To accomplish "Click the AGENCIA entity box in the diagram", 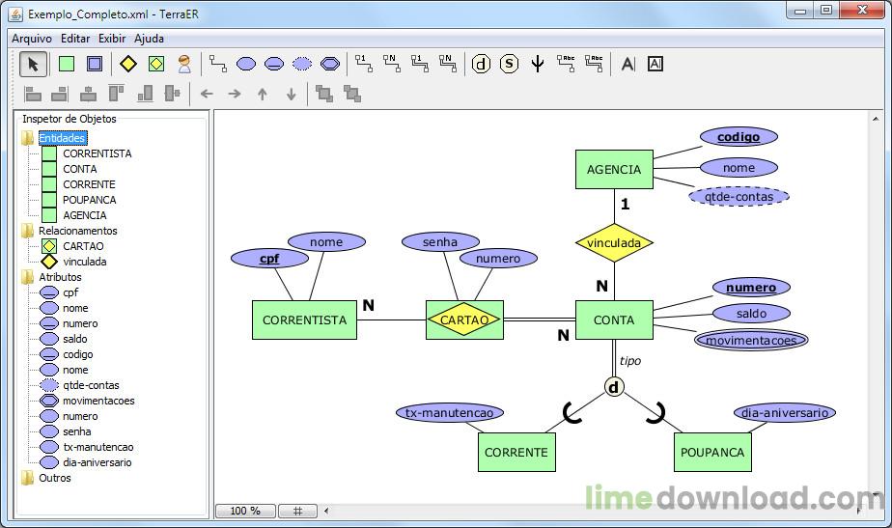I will tap(614, 169).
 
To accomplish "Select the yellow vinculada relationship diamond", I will tap(614, 243).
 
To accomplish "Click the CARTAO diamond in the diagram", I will tap(464, 320).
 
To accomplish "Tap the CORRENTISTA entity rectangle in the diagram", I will tap(304, 320).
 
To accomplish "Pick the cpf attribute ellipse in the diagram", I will tap(269, 258).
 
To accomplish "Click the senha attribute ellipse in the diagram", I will tap(440, 241).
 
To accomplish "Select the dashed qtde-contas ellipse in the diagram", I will tap(739, 196).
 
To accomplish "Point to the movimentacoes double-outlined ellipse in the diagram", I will tap(751, 340).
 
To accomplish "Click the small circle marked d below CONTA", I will tap(614, 387).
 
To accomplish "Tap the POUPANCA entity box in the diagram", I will tap(712, 452).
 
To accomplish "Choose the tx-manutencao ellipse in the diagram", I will tap(449, 412).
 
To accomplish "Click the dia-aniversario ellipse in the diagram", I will tap(784, 412).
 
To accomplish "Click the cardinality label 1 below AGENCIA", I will tap(625, 204).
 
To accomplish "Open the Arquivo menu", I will tap(32, 39).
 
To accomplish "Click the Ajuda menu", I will tap(149, 39).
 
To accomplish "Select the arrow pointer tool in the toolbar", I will tap(33, 64).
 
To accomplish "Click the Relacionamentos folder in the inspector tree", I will tap(77, 231).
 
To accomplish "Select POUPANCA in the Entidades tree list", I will tap(89, 200).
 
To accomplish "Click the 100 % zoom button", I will tap(245, 511).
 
